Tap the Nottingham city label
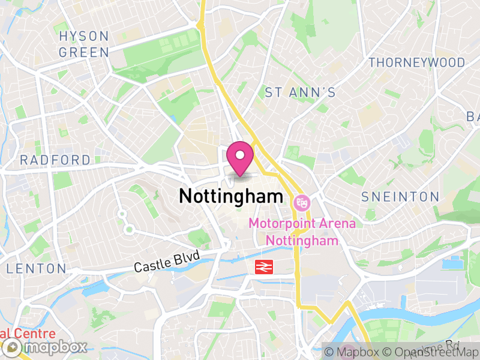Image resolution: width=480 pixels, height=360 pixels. (x=231, y=196)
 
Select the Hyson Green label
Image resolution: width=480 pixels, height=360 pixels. (x=84, y=44)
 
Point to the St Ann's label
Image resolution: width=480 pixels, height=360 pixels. (x=300, y=92)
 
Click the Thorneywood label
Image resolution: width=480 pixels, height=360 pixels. (x=416, y=62)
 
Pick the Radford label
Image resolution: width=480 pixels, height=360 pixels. (x=55, y=160)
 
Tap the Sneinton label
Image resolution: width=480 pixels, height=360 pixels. (x=400, y=197)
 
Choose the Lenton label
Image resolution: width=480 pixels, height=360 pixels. (x=36, y=268)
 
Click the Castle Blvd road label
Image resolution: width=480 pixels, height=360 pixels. (x=166, y=262)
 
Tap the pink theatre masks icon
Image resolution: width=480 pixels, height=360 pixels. (x=300, y=203)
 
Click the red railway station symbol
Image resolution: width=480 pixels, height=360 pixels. (x=265, y=268)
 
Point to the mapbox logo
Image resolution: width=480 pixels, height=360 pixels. (x=46, y=347)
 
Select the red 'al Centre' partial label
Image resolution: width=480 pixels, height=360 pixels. (x=27, y=334)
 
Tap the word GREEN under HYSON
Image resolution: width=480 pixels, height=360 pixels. (x=84, y=52)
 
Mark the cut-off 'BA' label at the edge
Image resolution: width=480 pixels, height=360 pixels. (x=474, y=116)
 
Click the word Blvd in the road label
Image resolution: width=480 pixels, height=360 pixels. (x=186, y=258)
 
